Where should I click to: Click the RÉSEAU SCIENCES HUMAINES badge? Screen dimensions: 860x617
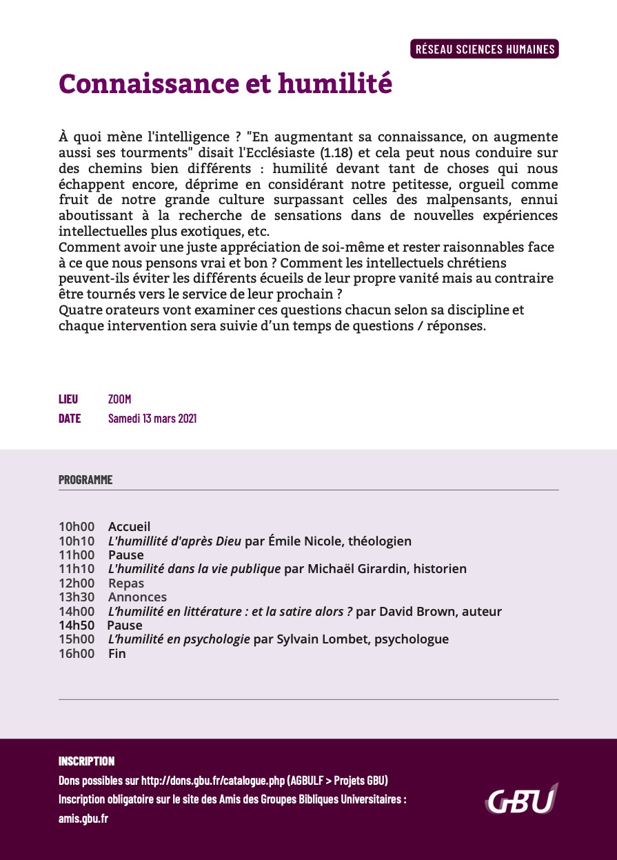(x=485, y=49)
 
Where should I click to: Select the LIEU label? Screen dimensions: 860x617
(x=68, y=399)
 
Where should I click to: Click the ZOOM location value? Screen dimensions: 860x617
(x=119, y=399)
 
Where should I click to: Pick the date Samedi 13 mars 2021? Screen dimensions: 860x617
(x=152, y=419)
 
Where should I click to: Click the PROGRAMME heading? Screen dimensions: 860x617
(x=85, y=480)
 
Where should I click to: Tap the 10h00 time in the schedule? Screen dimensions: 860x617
(x=77, y=527)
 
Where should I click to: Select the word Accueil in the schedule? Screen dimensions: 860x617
(x=129, y=527)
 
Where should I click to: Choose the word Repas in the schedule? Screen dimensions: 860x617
(x=126, y=583)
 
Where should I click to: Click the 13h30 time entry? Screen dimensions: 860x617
(x=77, y=597)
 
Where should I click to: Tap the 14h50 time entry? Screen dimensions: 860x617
(x=77, y=626)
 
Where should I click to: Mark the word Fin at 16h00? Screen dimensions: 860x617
(x=117, y=654)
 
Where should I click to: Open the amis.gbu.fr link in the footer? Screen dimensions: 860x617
(x=83, y=819)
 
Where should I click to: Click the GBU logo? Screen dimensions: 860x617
(x=521, y=800)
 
